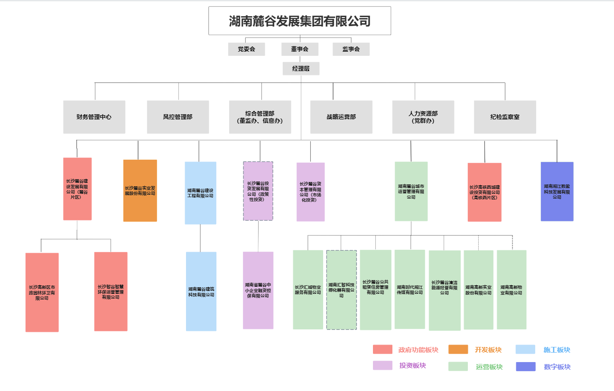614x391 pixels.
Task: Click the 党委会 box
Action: tap(246, 49)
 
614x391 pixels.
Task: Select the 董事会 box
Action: tap(300, 49)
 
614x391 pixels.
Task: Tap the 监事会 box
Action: tap(351, 49)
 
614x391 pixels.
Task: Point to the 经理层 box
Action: tap(301, 69)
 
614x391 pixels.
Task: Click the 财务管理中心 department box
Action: tap(94, 117)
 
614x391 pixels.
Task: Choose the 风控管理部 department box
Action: tap(178, 117)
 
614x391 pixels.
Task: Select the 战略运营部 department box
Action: tap(341, 117)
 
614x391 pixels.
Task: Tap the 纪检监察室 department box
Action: tap(505, 117)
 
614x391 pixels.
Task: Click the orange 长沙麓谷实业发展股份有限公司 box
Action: tap(140, 191)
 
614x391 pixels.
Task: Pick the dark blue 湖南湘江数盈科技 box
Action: tap(557, 191)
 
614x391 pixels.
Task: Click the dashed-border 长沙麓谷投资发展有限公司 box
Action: tap(258, 191)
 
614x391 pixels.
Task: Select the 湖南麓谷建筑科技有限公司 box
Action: tap(201, 291)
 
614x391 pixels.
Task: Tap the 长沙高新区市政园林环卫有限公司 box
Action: tap(42, 292)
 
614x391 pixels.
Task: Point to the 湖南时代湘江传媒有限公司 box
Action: tap(409, 289)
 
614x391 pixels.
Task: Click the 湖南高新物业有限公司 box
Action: tap(512, 290)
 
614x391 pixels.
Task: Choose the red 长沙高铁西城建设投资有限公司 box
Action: tap(484, 192)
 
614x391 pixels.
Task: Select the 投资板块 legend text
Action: tap(412, 365)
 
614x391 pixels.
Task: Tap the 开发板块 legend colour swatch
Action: tap(458, 350)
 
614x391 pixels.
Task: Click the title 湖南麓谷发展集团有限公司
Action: tap(299, 21)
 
